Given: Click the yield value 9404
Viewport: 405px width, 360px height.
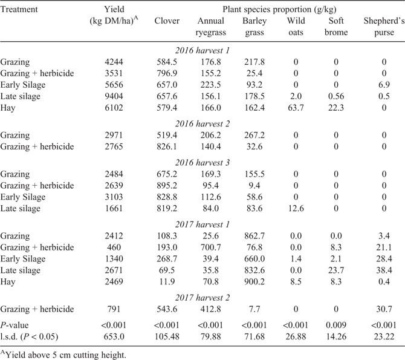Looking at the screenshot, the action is click(x=114, y=96).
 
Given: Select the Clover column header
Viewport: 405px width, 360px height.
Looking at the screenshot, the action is click(x=167, y=21).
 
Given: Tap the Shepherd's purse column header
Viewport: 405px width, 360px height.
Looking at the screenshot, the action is click(x=384, y=27).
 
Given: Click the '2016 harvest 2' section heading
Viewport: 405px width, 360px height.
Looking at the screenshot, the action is click(x=202, y=123).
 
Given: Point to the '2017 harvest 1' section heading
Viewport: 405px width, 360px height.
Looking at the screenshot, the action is click(x=202, y=224).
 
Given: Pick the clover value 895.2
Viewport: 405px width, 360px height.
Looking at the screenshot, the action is click(x=167, y=185).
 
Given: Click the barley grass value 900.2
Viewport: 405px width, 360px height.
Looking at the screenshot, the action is click(x=254, y=281).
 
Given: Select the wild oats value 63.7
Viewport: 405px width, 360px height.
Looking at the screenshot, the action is click(x=296, y=108).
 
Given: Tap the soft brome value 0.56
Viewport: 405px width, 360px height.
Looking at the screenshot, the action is click(x=336, y=96).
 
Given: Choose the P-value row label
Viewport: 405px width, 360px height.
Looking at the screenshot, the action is click(x=15, y=325).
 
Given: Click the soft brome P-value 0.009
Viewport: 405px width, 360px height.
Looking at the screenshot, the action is click(x=336, y=325).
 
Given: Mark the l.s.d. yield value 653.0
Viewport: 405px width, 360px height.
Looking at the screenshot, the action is click(x=114, y=336).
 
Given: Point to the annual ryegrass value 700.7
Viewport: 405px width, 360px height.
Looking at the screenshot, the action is click(x=211, y=247).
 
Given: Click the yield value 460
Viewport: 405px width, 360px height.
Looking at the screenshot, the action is click(x=114, y=247).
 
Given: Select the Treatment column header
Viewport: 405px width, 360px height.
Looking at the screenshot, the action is click(x=19, y=9).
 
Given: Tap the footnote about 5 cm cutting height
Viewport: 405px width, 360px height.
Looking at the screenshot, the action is click(x=63, y=355).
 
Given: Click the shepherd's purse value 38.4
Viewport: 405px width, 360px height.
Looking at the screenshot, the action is click(x=384, y=270).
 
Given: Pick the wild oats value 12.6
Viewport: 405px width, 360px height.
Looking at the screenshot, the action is click(x=296, y=208).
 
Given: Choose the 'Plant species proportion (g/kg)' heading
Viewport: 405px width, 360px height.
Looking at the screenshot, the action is click(x=279, y=10).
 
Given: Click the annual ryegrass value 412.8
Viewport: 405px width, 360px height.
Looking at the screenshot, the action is click(x=211, y=309).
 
